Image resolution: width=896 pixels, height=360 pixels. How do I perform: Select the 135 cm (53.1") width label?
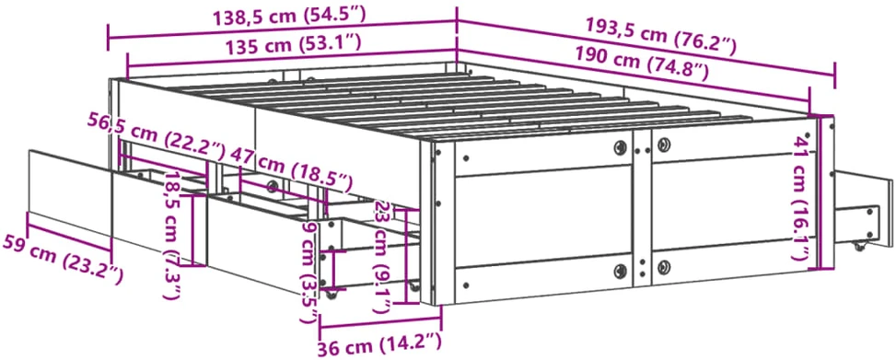point(294,43)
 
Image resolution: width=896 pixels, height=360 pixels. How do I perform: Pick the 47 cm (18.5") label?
point(290,168)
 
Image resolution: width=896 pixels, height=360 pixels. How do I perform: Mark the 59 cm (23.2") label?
point(63,259)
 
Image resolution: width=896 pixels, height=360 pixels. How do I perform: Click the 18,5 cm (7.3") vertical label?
point(172,235)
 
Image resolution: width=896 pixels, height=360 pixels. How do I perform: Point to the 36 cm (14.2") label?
point(380,344)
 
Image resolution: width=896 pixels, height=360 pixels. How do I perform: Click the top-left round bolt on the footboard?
point(620,148)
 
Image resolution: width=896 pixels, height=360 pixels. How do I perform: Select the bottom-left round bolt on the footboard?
point(620,271)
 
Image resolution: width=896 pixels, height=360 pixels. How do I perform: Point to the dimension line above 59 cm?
point(68,232)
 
